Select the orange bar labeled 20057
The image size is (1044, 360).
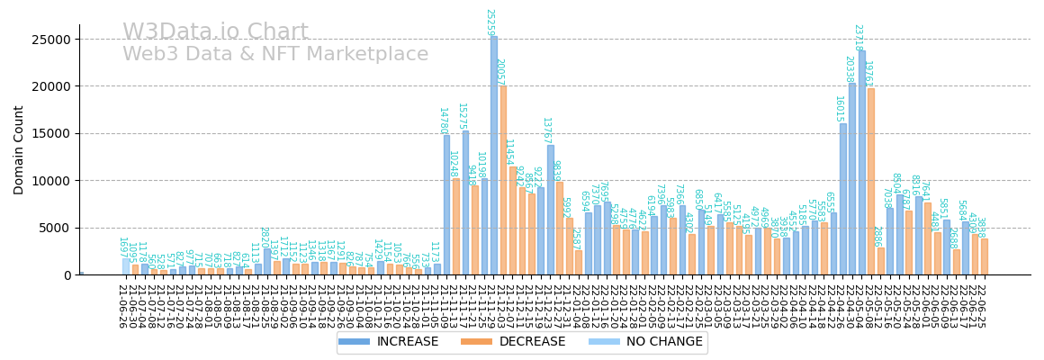[x=503, y=180]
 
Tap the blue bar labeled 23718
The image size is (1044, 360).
[x=862, y=162]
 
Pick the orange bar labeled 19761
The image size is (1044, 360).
[x=871, y=181]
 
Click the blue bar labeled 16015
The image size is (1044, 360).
[x=843, y=199]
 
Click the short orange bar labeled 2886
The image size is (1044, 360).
[x=881, y=261]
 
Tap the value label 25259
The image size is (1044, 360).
[x=490, y=22]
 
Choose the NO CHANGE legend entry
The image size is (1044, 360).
[x=616, y=342]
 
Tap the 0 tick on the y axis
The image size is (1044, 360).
[x=67, y=275]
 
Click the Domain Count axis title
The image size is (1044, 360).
[x=20, y=149]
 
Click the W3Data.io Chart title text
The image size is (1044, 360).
[x=215, y=32]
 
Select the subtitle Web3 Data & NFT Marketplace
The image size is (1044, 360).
[x=275, y=55]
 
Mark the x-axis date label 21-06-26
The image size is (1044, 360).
[x=121, y=306]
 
